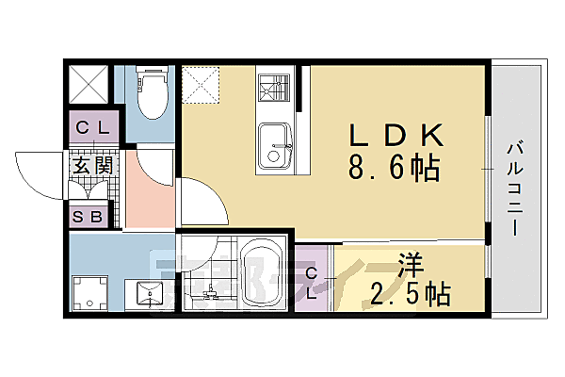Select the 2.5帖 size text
410,293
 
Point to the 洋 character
410,263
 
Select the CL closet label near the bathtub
313,281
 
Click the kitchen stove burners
277,87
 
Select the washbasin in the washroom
151,293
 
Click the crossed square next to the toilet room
89,84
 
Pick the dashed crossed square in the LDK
201,84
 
